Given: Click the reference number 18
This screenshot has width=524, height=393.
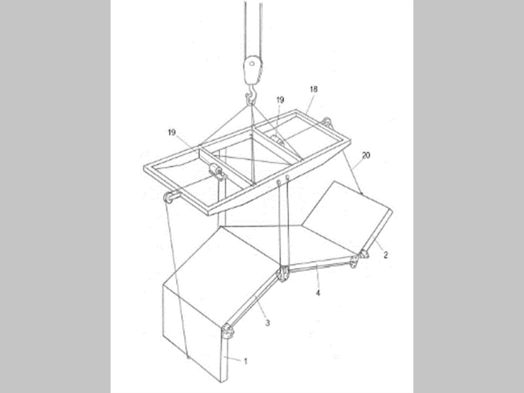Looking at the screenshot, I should coord(314,89).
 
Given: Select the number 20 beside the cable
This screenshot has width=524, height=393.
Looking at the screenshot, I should coord(366,155).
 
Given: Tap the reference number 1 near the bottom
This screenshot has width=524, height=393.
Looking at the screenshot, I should coord(246,361).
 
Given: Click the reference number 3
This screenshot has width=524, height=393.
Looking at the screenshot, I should coord(267,323).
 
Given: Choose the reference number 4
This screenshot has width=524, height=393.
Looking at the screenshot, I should coord(318,293).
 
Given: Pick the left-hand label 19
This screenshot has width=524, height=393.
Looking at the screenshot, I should coord(172,132).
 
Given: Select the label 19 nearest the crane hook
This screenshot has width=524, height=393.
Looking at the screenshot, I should coord(280,100).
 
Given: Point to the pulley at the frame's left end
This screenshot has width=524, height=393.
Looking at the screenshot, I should coord(170,196).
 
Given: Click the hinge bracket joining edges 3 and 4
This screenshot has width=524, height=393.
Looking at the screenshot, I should coord(282,274).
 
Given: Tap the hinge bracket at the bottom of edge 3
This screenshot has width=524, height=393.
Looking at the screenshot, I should coord(227,332).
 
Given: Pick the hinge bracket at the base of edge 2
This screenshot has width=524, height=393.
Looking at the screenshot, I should coord(363,254).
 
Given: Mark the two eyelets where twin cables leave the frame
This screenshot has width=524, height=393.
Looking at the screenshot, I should coord(283,180).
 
